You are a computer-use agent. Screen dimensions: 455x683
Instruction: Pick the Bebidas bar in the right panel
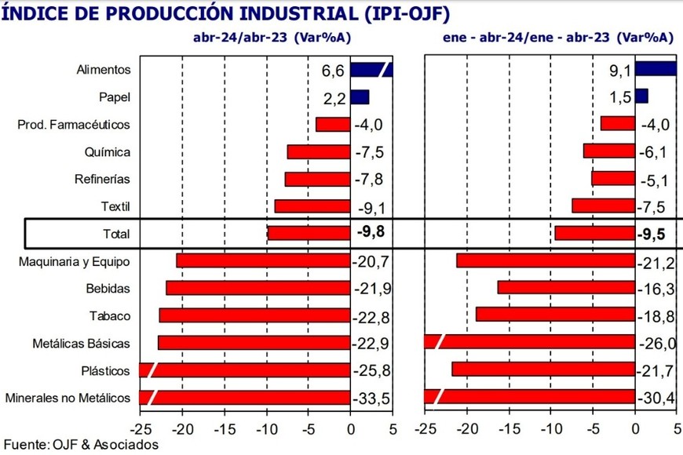coord(565,288)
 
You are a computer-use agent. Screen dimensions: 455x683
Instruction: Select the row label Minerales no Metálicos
coord(68,398)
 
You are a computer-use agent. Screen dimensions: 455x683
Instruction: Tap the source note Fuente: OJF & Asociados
coord(80,445)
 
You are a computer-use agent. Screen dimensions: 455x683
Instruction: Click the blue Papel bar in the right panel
coord(641,96)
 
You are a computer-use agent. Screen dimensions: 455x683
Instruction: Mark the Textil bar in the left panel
coord(312,206)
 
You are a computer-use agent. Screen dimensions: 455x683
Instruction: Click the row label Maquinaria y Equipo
coord(75,261)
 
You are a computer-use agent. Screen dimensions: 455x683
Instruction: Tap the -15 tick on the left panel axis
coord(224,429)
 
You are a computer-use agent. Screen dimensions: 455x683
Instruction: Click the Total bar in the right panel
coord(594,233)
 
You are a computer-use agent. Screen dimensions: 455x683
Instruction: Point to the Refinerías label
coord(104,179)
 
